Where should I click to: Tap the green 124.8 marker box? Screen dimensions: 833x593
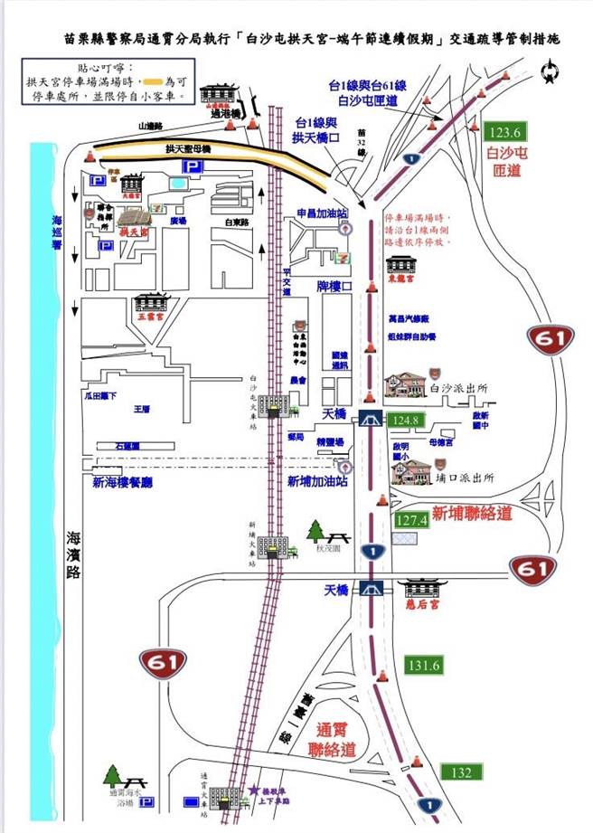tap(406, 420)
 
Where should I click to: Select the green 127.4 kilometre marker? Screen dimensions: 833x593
tap(411, 520)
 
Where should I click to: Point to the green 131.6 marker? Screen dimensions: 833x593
tap(422, 665)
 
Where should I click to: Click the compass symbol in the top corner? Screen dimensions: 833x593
tap(549, 71)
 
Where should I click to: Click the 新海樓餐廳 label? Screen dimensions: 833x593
tap(122, 483)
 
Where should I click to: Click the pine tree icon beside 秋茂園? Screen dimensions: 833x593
tap(315, 530)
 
